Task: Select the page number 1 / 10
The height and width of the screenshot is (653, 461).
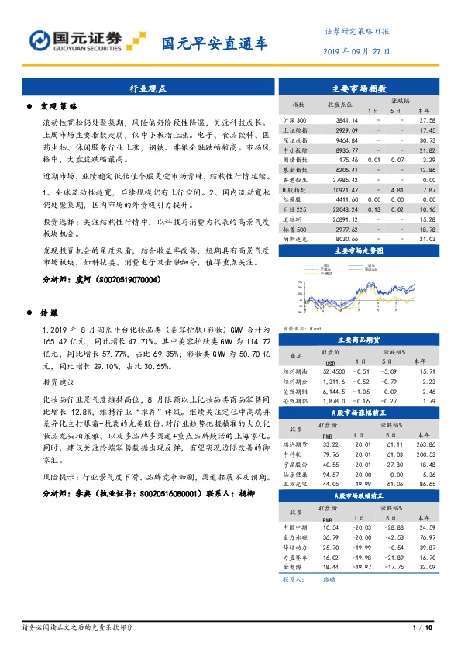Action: tap(425, 627)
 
